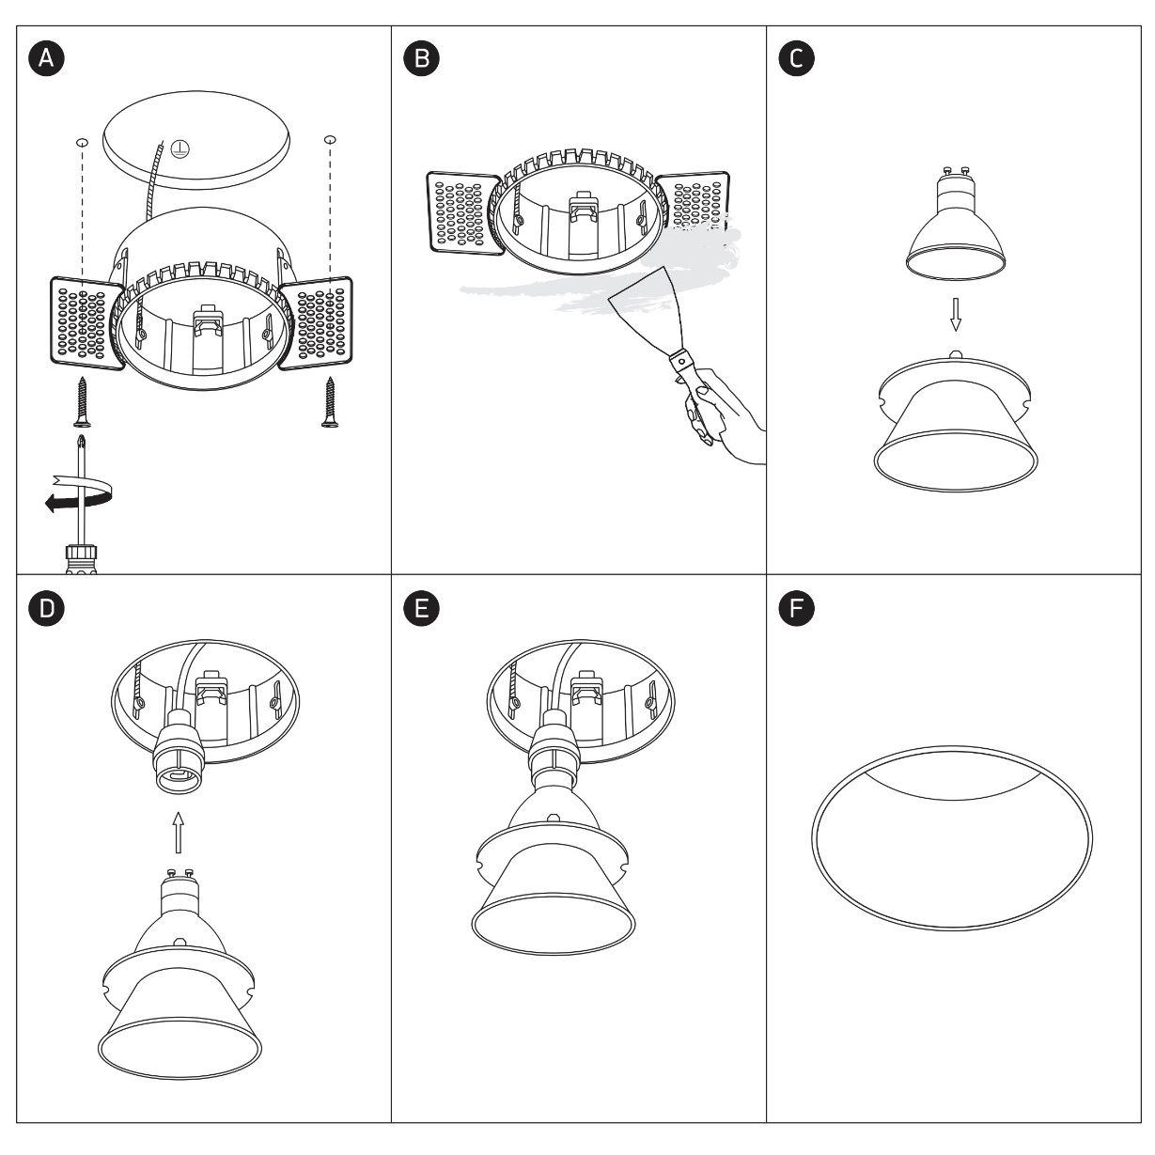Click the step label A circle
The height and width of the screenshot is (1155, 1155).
(46, 58)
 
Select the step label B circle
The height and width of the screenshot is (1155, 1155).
(421, 58)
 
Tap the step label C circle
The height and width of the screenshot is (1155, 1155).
(796, 58)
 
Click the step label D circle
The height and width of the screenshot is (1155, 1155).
(46, 608)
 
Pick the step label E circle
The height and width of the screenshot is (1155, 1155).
(421, 608)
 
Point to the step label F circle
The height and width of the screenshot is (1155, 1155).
(796, 608)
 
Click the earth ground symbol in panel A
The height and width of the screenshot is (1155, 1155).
(179, 149)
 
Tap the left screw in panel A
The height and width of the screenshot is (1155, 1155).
(82, 401)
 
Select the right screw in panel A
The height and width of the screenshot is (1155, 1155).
(330, 401)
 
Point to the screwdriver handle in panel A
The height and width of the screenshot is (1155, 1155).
(81, 558)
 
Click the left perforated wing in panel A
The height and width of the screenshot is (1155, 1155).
(86, 323)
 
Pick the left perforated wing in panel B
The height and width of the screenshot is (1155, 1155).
(462, 213)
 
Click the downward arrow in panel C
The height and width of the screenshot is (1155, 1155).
(956, 314)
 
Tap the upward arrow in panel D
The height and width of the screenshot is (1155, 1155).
(178, 832)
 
